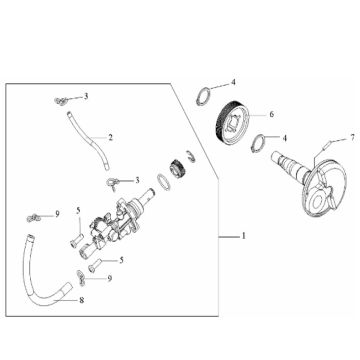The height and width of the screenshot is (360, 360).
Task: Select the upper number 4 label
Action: coord(234,81)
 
